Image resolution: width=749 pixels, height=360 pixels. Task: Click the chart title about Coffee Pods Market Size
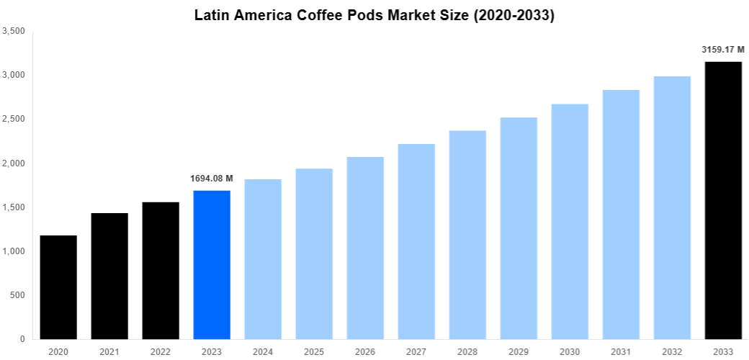tap(374, 16)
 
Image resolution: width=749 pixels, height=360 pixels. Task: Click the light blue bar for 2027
tap(416, 241)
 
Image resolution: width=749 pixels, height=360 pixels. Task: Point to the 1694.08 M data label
tap(212, 179)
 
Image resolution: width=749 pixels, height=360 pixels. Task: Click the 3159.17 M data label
tap(722, 50)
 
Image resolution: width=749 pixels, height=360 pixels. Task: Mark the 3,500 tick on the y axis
tap(14, 31)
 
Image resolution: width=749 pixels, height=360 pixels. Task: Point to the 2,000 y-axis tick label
tap(14, 163)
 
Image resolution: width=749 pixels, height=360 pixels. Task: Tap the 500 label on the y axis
tap(17, 295)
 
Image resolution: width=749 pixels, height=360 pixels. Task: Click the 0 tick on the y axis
tap(22, 339)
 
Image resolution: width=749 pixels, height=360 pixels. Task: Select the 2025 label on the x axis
tap(314, 352)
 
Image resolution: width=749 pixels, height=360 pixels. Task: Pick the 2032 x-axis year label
tap(672, 352)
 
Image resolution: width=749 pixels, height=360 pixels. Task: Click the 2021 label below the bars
tap(109, 352)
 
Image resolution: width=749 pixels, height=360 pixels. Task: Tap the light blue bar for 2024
tap(263, 259)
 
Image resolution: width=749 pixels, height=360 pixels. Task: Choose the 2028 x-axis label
tap(467, 352)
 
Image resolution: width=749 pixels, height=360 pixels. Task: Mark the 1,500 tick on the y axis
tap(14, 207)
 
